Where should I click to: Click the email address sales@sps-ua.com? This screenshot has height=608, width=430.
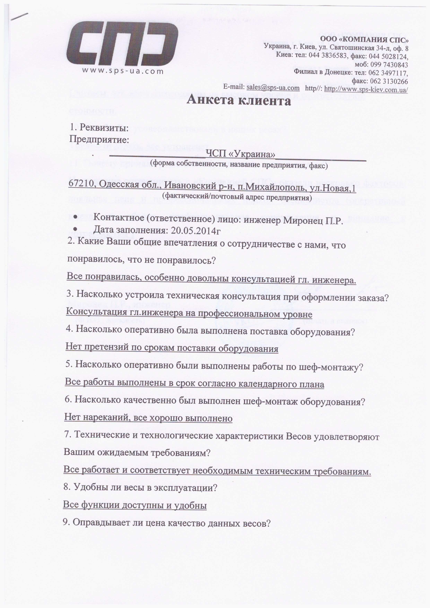[x=273, y=87]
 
